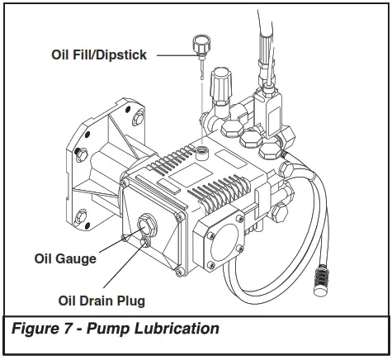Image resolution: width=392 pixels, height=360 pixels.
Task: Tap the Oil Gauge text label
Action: coord(65,258)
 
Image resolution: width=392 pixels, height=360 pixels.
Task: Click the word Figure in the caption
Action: coord(35,329)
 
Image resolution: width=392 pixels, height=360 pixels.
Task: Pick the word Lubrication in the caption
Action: coord(181,329)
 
